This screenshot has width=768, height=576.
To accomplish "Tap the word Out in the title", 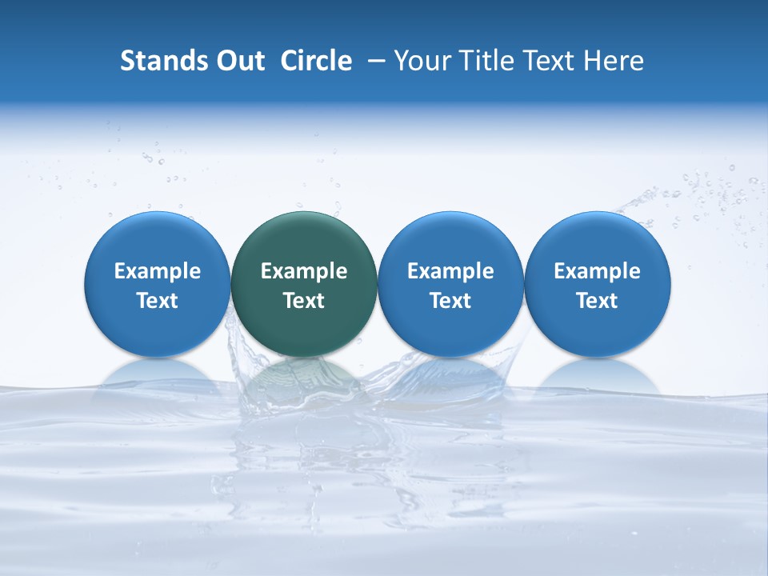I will [x=238, y=61].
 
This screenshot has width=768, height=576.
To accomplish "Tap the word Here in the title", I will [x=614, y=61].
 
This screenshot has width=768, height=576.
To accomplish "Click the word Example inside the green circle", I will [x=304, y=271].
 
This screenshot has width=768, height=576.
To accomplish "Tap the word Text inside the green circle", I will [x=304, y=301].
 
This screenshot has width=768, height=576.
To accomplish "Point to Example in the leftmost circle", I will [x=158, y=271].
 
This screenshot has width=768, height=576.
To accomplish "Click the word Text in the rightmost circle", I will [x=597, y=301].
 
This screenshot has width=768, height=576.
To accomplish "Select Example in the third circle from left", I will [x=450, y=271].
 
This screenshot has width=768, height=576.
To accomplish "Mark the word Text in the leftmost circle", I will [x=158, y=301].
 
